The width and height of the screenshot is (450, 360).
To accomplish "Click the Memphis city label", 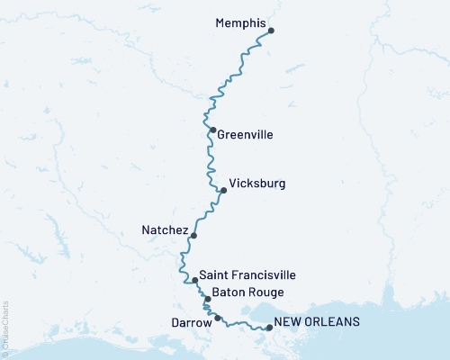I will [242, 23].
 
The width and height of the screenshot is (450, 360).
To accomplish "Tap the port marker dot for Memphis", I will [271, 31].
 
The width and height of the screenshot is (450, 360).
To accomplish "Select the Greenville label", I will [245, 135].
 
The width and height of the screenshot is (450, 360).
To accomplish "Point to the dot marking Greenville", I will [212, 130].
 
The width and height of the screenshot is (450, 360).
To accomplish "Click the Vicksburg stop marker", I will [223, 190].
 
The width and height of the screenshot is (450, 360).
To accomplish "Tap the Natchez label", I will [165, 230].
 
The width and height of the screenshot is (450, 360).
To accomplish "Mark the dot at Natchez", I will [193, 236].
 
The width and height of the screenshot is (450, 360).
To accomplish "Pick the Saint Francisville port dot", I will [194, 281].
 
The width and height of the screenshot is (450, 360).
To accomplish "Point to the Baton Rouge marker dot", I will [208, 299].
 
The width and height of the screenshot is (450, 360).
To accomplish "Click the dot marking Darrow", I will [218, 318].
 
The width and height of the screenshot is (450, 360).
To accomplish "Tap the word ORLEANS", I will [334, 321].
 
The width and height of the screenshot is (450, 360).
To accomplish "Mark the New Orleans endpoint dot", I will [268, 328].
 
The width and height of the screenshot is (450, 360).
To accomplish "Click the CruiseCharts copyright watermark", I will [5, 328].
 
